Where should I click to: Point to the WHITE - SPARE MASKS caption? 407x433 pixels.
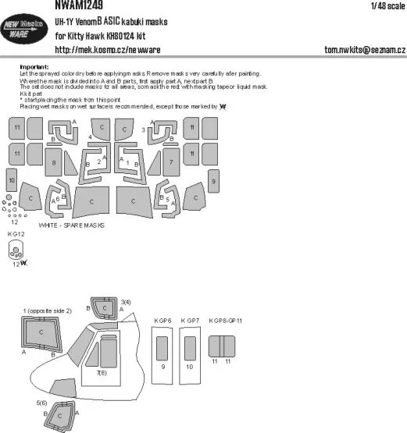point(73,224)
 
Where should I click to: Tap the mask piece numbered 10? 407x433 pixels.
point(11,181)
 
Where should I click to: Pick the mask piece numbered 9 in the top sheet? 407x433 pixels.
point(213,181)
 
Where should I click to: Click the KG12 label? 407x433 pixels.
point(16,234)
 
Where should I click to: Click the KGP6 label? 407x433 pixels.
point(162,321)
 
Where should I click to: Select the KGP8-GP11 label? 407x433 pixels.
point(227,321)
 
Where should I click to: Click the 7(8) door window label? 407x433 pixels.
point(102,374)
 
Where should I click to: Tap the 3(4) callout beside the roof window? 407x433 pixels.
point(126,301)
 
